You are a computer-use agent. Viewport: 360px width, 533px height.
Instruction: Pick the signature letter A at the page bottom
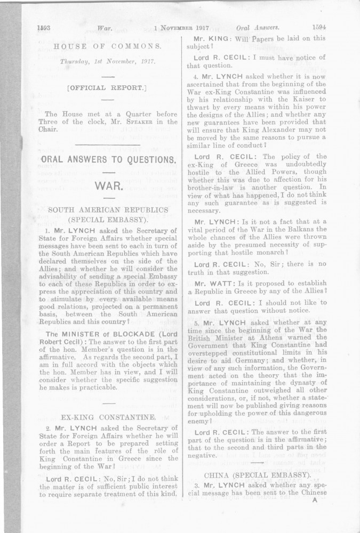tap(315, 499)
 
